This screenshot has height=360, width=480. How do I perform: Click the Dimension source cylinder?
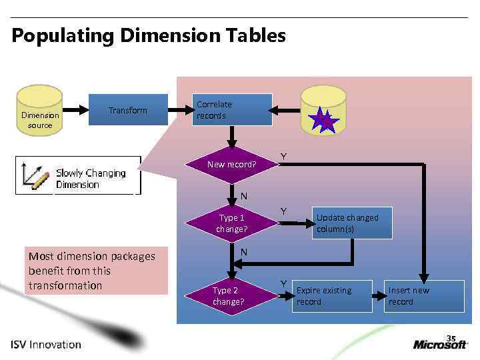tap(39, 113)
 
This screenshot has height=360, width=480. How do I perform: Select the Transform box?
tap(129, 110)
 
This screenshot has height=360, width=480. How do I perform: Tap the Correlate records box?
tap(233, 110)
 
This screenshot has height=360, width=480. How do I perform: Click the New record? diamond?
tap(231, 164)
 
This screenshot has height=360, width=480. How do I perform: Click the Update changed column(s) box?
tap(351, 223)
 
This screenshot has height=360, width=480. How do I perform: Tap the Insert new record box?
tap(423, 296)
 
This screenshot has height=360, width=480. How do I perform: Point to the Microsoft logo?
tap(440, 344)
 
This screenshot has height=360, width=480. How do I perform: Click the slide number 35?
tap(451, 337)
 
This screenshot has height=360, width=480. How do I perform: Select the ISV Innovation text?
tap(46, 345)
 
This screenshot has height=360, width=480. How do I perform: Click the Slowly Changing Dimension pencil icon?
tap(34, 175)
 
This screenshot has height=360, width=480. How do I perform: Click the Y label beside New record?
tap(283, 156)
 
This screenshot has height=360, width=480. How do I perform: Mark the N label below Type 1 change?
tap(244, 252)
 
